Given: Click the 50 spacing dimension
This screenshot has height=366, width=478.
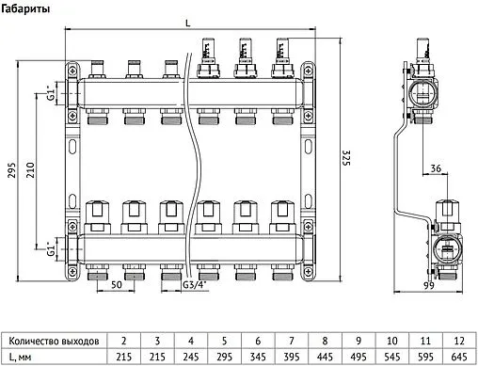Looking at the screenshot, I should [x=116, y=282].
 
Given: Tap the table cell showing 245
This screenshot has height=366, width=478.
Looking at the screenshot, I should [x=192, y=357].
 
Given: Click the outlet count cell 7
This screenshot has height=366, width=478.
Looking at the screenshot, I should [x=293, y=339].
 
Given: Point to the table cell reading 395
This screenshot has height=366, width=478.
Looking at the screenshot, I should [x=293, y=357].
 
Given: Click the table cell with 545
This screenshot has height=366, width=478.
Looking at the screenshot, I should [x=392, y=357].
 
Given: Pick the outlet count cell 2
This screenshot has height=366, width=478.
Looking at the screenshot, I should [x=125, y=339].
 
